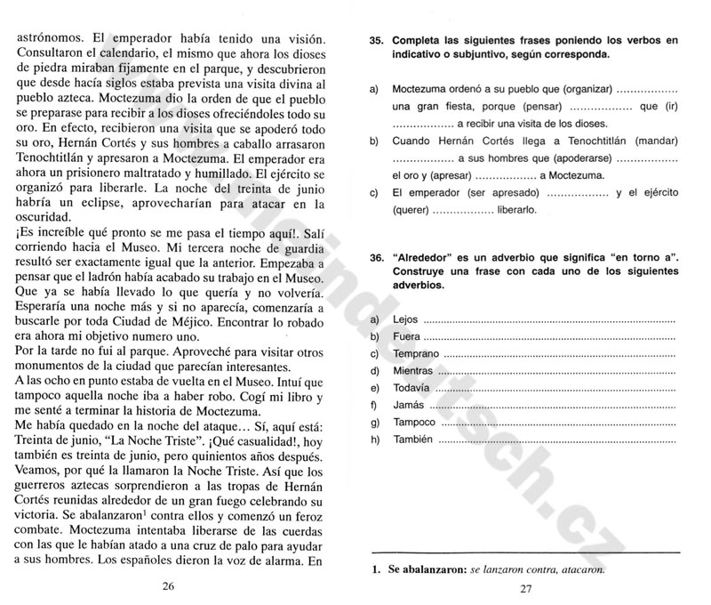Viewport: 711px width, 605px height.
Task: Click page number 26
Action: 168,585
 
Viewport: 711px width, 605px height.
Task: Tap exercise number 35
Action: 375,40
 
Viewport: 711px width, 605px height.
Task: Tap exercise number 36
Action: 375,256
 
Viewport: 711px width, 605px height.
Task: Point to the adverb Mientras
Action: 412,370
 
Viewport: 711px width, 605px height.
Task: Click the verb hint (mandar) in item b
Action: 654,141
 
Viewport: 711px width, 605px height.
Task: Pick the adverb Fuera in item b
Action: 405,336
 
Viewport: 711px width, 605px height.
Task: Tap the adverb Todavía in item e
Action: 411,387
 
